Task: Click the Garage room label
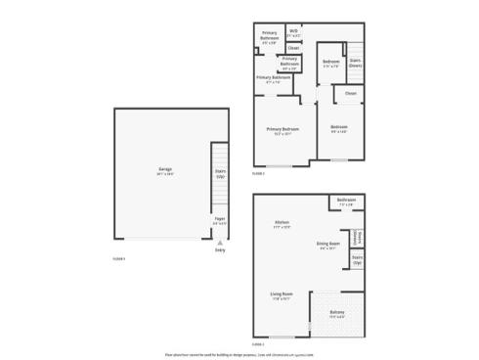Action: point(165,170)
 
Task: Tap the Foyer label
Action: point(220,222)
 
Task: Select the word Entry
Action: point(219,251)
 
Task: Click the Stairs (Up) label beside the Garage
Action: point(220,175)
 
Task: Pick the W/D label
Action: point(293,32)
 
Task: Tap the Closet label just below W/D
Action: point(294,47)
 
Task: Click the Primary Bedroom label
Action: point(283,129)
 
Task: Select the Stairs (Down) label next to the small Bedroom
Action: point(356,63)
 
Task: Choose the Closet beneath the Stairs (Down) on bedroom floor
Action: point(350,94)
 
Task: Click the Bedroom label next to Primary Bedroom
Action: point(339,128)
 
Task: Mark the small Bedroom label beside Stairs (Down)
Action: point(330,64)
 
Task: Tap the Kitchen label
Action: point(281,225)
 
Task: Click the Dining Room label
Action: point(327,245)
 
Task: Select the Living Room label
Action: point(283,293)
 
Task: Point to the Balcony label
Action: point(336,314)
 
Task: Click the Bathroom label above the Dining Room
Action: point(346,202)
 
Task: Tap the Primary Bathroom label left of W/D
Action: point(269,35)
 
